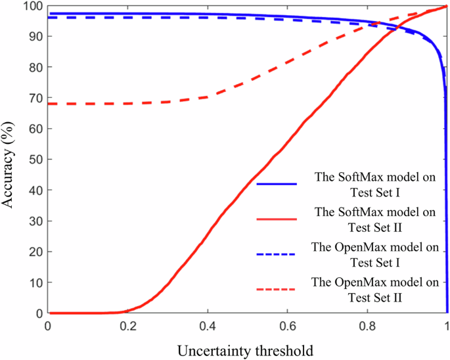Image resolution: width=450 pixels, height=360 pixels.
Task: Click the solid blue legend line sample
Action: coord(277,185)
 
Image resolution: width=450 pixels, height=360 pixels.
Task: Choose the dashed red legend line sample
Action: coord(277,288)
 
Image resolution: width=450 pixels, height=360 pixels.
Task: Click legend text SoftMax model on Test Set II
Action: coord(375,219)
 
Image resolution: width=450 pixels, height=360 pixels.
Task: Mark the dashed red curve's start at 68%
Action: coord(49,104)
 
